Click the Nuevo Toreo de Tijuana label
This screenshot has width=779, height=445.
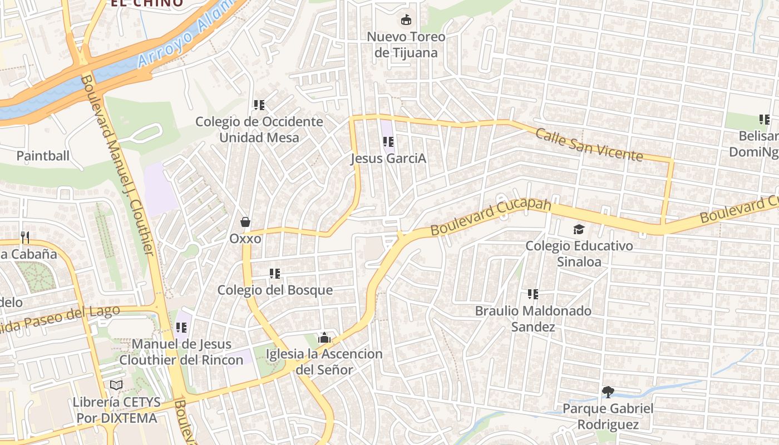(x=406, y=45)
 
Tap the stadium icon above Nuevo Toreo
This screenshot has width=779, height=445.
(x=406, y=20)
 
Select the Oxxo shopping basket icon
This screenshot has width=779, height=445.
(x=245, y=222)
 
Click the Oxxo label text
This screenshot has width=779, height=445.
(x=245, y=239)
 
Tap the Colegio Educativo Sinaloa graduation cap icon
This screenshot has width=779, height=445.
(x=579, y=229)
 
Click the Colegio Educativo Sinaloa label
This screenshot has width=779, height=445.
(x=579, y=254)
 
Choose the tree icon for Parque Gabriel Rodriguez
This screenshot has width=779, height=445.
(x=608, y=392)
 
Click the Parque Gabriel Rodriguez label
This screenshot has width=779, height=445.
(x=608, y=417)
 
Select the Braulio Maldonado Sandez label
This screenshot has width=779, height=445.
(x=533, y=319)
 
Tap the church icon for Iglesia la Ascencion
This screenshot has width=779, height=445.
(x=324, y=338)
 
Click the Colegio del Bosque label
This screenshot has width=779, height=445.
(x=275, y=290)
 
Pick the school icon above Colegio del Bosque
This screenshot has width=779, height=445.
(x=275, y=273)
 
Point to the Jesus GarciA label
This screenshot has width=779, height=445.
(x=388, y=159)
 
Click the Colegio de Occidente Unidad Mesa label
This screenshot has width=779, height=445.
(x=259, y=130)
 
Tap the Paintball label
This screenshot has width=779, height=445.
(x=43, y=156)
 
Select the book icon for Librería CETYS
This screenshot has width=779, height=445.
(x=116, y=385)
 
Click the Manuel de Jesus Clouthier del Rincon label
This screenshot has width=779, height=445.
(x=181, y=352)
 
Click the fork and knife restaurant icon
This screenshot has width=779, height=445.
(x=25, y=238)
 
